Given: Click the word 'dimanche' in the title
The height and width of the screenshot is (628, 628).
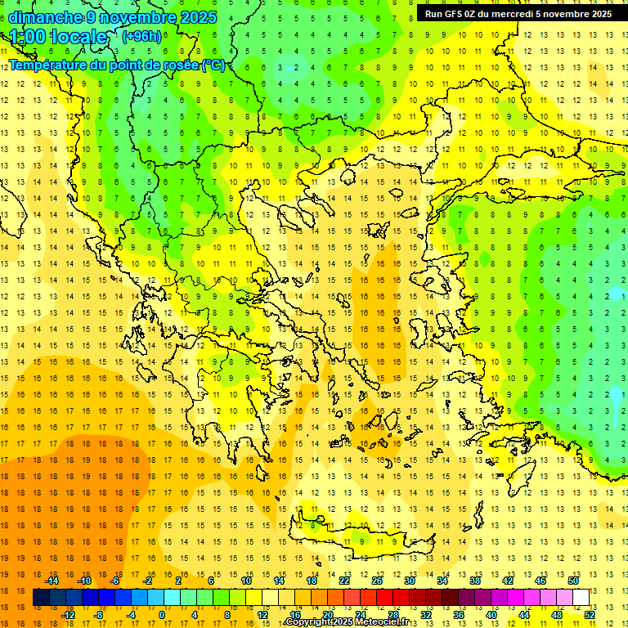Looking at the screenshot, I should click(45, 17).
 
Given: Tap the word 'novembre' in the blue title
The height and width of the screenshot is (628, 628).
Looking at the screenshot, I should click(137, 17).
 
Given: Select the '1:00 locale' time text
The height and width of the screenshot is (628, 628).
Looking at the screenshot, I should click(59, 37).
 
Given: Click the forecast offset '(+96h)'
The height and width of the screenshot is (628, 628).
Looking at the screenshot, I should click(141, 36).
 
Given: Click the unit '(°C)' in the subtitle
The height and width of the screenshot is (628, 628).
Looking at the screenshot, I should click(213, 65).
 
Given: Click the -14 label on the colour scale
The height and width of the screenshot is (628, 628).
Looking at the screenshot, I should click(52, 581).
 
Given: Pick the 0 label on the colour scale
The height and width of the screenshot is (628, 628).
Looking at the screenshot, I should click(162, 615).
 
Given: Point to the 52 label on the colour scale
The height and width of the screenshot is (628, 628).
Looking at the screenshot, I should click(589, 615).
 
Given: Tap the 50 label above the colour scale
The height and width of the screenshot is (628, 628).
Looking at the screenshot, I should click(572, 581).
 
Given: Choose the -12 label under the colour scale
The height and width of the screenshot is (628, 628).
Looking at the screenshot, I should click(69, 615).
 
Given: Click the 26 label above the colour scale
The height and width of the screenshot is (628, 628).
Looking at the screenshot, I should click(376, 581).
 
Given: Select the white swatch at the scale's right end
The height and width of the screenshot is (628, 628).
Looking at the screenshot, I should click(581, 598).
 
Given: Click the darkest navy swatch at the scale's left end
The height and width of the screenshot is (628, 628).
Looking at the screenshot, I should click(41, 598).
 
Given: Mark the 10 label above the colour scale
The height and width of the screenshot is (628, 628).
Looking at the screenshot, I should click(245, 581).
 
